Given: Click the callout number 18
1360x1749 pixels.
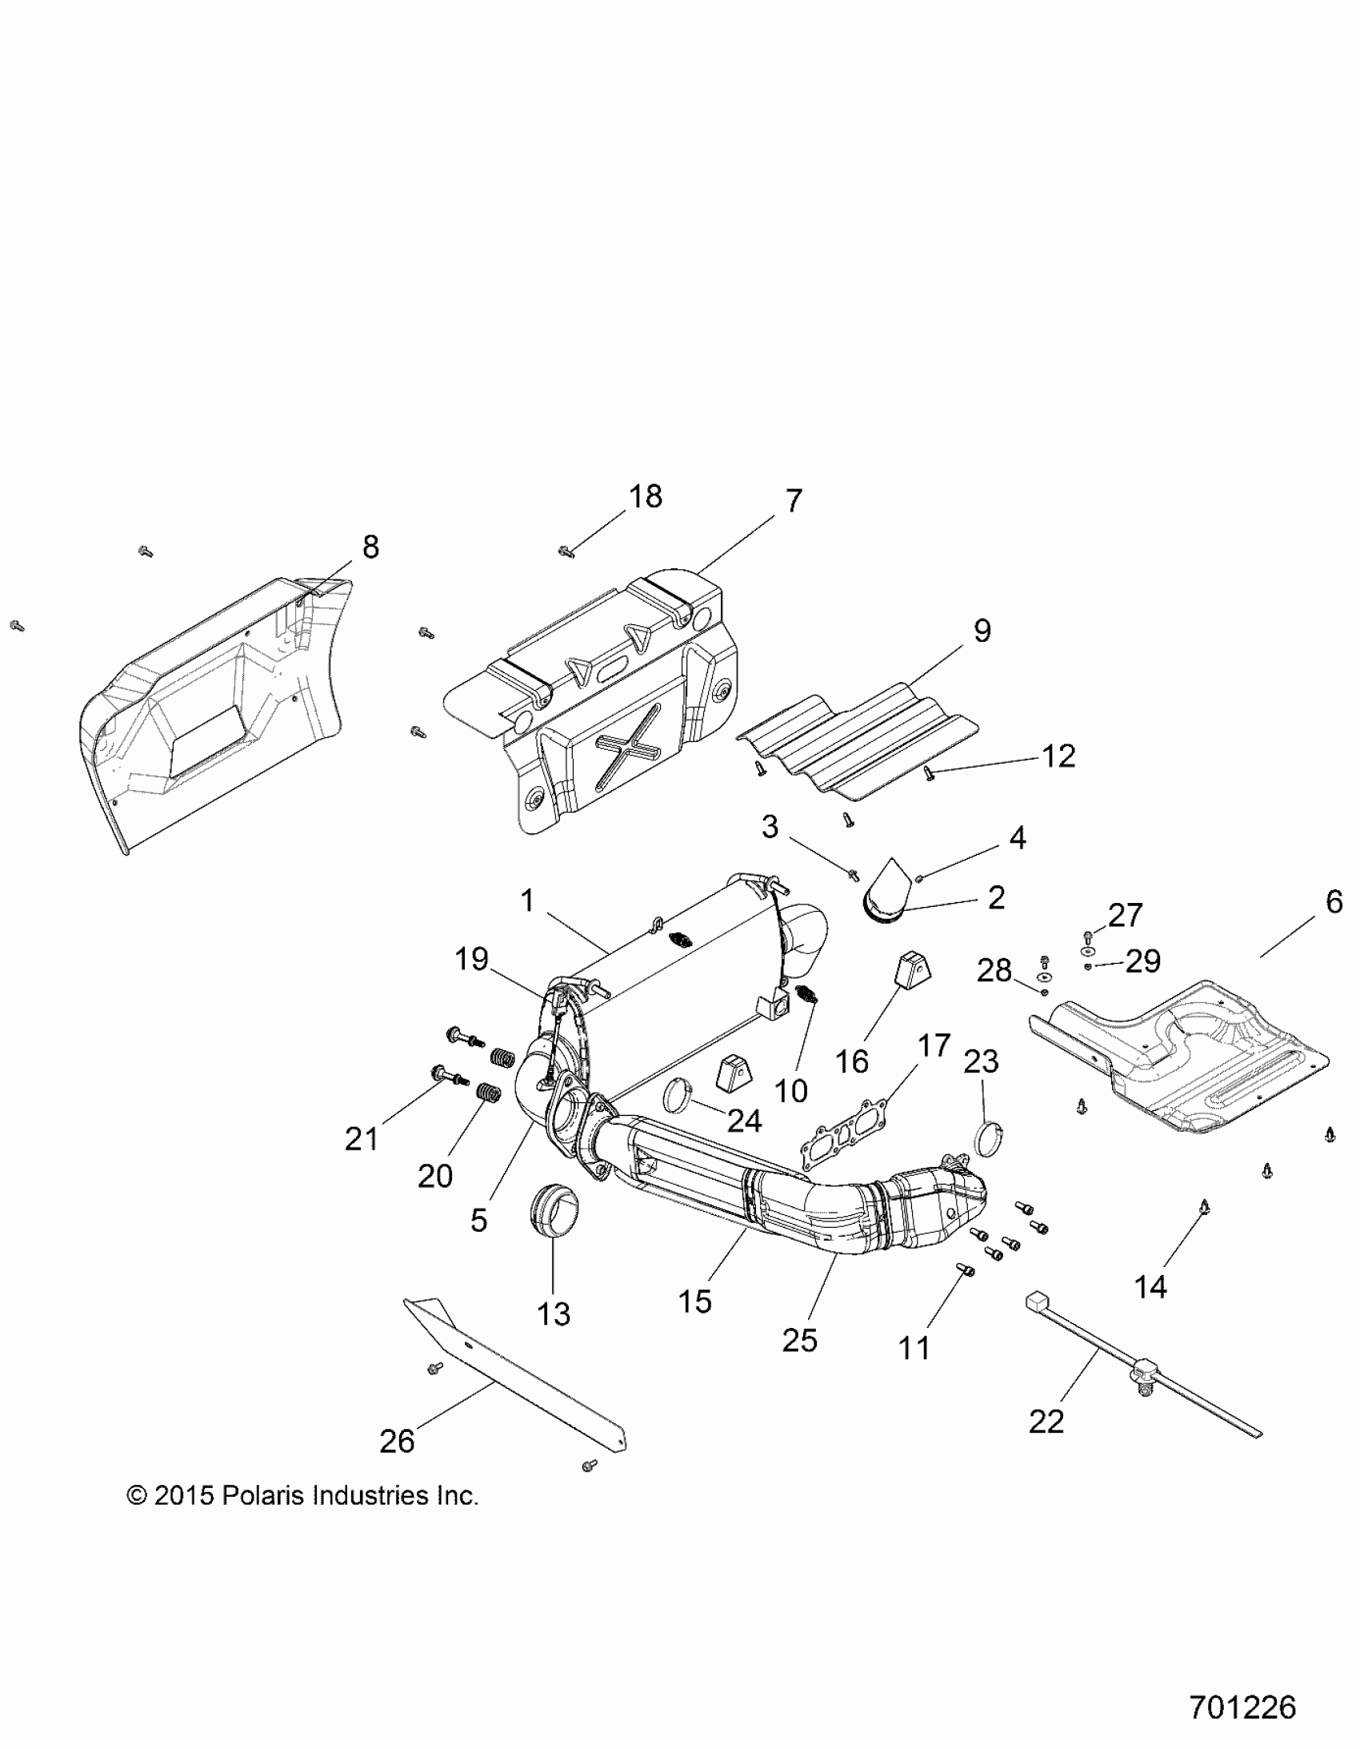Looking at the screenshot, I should pyautogui.click(x=645, y=496).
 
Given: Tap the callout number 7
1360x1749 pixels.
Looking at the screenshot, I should pyautogui.click(x=793, y=501).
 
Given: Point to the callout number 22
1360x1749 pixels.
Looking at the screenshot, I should pyautogui.click(x=1046, y=1422).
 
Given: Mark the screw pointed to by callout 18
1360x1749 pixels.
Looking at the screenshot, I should pyautogui.click(x=566, y=551).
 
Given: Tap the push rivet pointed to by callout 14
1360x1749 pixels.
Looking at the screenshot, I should pyautogui.click(x=1204, y=1205).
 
